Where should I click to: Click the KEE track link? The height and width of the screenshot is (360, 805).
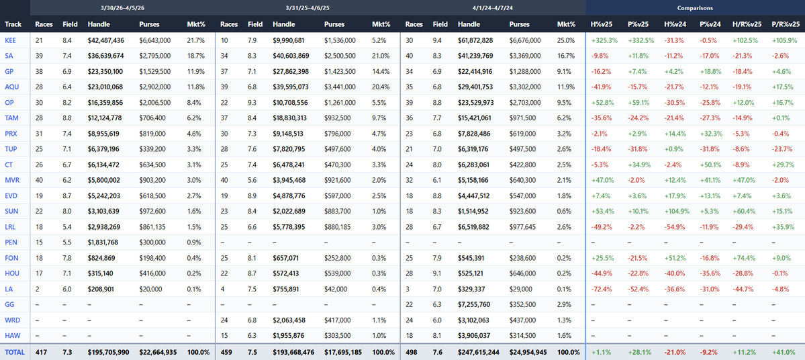[10, 40]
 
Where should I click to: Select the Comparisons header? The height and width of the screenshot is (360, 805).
[695, 8]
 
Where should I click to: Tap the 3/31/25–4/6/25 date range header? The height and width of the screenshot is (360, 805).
[307, 8]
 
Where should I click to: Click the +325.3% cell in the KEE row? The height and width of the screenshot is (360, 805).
[604, 40]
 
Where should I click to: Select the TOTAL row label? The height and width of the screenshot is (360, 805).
[14, 352]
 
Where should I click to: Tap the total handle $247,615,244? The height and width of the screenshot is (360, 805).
[479, 352]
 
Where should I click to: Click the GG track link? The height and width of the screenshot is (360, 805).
[9, 304]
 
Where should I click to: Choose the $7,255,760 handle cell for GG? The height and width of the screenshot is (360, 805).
[474, 304]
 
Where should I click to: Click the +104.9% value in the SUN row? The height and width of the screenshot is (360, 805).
[676, 210]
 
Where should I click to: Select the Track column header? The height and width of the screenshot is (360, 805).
[13, 24]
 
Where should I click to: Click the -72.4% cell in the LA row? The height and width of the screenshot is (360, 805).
[602, 289]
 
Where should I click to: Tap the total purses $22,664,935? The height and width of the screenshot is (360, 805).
[158, 352]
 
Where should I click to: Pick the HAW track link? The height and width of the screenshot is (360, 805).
[11, 336]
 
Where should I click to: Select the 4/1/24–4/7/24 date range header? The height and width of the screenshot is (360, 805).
[493, 8]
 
